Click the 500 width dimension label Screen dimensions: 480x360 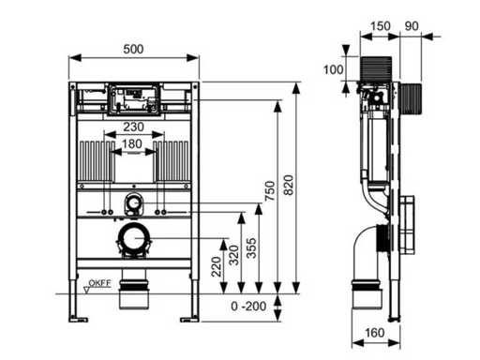point(133,49)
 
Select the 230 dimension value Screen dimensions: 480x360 point(133,127)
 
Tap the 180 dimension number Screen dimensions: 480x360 point(132,144)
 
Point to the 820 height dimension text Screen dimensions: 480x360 point(289,185)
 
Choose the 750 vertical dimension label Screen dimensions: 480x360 point(269,191)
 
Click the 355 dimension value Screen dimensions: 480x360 point(251,248)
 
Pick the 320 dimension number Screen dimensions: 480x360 point(233,255)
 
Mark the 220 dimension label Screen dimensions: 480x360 point(216,266)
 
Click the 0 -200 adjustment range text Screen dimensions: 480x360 point(248,307)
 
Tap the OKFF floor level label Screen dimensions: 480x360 point(99,283)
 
